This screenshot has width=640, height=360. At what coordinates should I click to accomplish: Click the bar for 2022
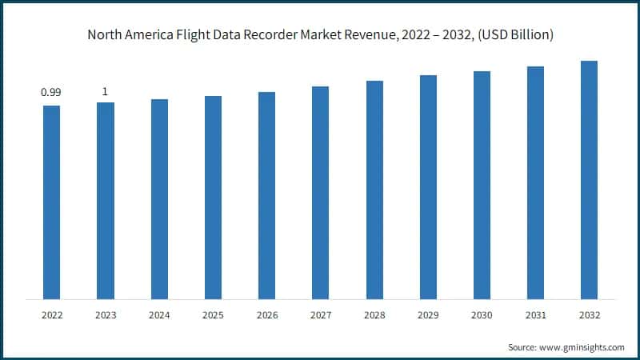tap(51, 202)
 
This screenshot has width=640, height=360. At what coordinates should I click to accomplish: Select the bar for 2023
tap(105, 201)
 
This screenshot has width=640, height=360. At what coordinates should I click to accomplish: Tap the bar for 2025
tap(213, 198)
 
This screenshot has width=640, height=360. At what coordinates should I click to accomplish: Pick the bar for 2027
tap(320, 193)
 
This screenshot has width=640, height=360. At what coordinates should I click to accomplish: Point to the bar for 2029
tap(428, 187)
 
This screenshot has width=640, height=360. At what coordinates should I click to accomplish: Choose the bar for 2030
tap(482, 185)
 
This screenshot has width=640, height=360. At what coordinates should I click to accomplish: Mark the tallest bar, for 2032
tap(589, 180)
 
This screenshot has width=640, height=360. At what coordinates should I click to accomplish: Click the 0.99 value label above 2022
tap(51, 93)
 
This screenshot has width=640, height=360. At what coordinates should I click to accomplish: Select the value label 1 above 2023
tap(105, 92)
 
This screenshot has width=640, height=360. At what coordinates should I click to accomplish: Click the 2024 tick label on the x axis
tap(159, 315)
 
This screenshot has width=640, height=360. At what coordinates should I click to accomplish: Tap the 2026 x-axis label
tap(266, 315)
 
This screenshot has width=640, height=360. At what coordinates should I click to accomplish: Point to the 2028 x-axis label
tap(374, 315)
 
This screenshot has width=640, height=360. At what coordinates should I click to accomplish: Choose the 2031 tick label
tap(535, 315)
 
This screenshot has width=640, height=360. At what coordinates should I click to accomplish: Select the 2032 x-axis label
tap(589, 315)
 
